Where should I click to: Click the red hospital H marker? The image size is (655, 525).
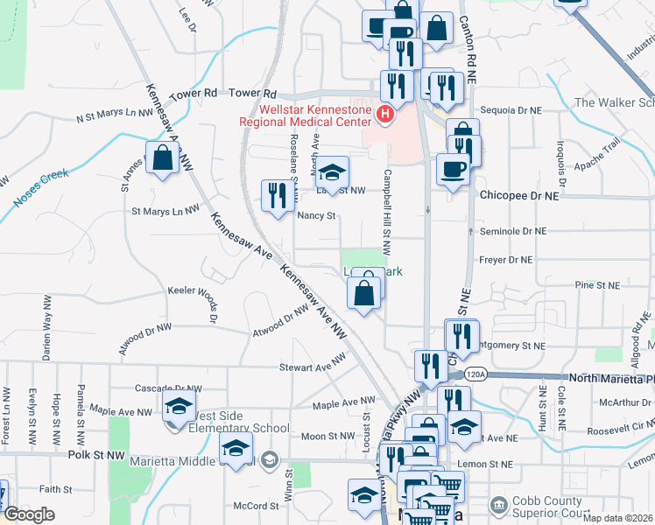pos(384,115)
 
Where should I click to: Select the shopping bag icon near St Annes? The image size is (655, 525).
pos(163,158)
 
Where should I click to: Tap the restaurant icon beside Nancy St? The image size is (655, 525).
pos(277,196)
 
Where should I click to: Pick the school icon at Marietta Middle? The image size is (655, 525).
pos(236,451)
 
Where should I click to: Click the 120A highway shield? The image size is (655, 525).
pos(475,374)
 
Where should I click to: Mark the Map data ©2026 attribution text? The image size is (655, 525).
pos(617,518)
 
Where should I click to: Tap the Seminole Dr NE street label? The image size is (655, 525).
pos(513,232)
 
